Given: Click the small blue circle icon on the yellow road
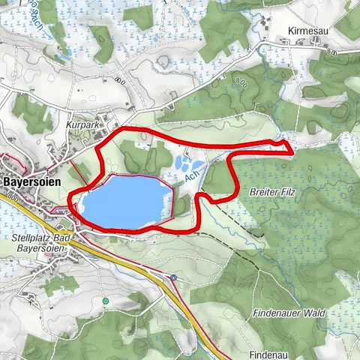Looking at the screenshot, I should (x=173, y=277).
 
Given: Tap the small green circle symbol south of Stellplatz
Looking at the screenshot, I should (x=106, y=301).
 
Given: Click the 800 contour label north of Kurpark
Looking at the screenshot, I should (x=120, y=79).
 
